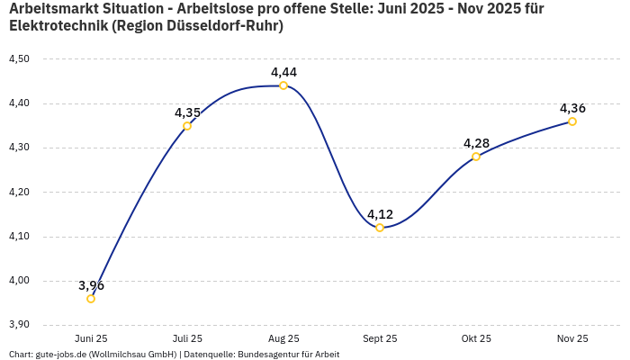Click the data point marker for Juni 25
pyautogui.click(x=91, y=299)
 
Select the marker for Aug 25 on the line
pyautogui.click(x=283, y=85)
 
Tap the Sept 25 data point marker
pyautogui.click(x=380, y=228)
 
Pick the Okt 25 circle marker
pyautogui.click(x=476, y=157)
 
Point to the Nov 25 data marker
pyautogui.click(x=572, y=121)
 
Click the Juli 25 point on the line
pyautogui.click(x=187, y=126)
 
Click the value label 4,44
pyautogui.click(x=283, y=72)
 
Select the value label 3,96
pyautogui.click(x=91, y=285)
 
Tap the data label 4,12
pyautogui.click(x=380, y=214)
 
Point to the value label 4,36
pyautogui.click(x=572, y=108)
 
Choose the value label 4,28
pyautogui.click(x=476, y=143)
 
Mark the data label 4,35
pyautogui.click(x=187, y=112)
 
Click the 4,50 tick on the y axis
pyautogui.click(x=19, y=59)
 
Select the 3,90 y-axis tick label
pyautogui.click(x=19, y=325)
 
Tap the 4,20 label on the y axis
pyautogui.click(x=19, y=193)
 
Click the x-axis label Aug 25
pyautogui.click(x=283, y=338)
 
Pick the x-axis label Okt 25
pyautogui.click(x=476, y=338)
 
